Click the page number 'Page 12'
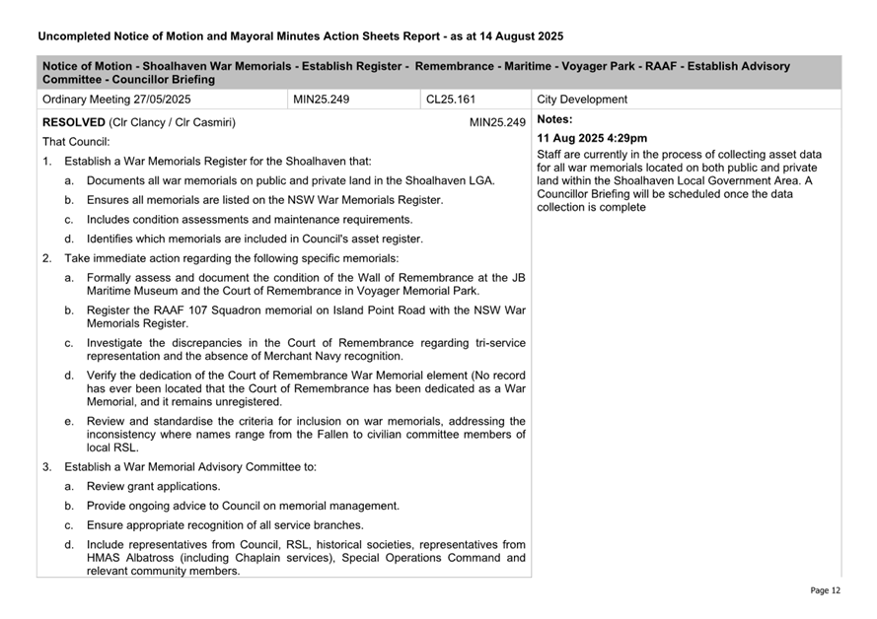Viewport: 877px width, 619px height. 825,590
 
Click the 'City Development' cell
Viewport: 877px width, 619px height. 581,100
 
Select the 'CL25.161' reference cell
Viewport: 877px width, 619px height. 450,100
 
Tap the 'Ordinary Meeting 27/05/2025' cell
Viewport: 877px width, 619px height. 116,100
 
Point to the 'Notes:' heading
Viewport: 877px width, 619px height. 554,119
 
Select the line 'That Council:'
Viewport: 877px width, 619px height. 77,142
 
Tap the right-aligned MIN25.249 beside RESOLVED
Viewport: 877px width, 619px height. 497,123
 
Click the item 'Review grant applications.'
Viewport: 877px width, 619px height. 153,486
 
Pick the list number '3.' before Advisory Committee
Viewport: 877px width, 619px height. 47,466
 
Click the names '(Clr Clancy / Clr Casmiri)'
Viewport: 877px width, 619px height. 173,123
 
